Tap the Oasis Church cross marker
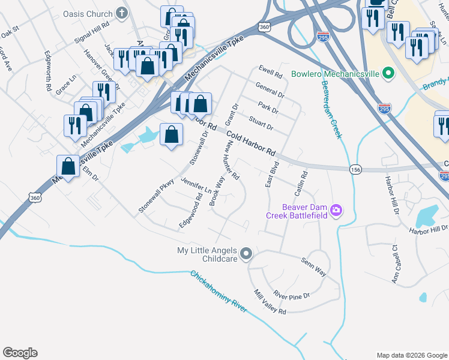(x=122, y=13)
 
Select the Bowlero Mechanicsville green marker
(x=388, y=74)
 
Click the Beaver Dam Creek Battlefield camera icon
(x=336, y=211)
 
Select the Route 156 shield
(x=357, y=170)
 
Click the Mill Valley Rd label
(x=270, y=302)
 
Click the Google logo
(x=20, y=352)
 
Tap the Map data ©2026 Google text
(x=411, y=355)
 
